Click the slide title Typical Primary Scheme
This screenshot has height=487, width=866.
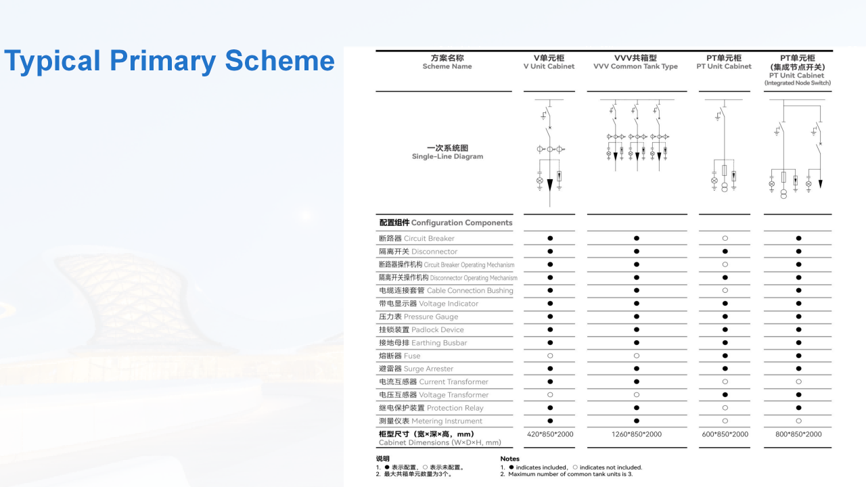pyautogui.click(x=169, y=61)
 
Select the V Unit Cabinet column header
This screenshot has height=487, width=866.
pyautogui.click(x=549, y=62)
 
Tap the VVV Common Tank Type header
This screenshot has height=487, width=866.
pyautogui.click(x=635, y=62)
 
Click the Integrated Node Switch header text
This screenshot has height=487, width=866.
pyautogui.click(x=798, y=83)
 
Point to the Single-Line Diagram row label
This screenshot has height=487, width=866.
pyautogui.click(x=447, y=152)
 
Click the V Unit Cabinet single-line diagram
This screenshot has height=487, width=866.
pyautogui.click(x=549, y=153)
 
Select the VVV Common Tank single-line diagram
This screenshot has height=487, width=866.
pyautogui.click(x=636, y=136)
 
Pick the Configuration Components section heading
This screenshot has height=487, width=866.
pyautogui.click(x=446, y=223)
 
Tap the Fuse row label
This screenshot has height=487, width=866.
pyautogui.click(x=400, y=356)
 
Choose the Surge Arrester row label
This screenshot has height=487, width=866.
pyautogui.click(x=416, y=369)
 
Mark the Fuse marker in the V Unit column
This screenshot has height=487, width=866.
pyautogui.click(x=550, y=356)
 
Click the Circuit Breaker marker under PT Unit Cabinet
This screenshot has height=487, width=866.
pyautogui.click(x=725, y=239)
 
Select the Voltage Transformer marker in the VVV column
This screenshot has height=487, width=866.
pyautogui.click(x=636, y=395)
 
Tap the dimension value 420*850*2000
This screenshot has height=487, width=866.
pyautogui.click(x=550, y=434)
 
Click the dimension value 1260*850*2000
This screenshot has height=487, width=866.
pyautogui.click(x=636, y=434)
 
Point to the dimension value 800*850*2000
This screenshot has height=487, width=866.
pyautogui.click(x=798, y=434)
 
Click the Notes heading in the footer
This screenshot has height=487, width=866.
pyautogui.click(x=510, y=459)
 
